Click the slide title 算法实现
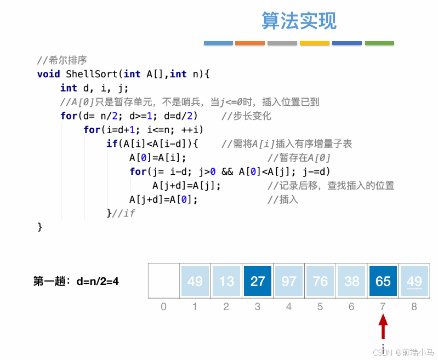click(299, 21)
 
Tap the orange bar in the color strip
click(250, 43)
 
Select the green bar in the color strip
click(379, 43)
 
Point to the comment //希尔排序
click(62, 60)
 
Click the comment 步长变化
click(246, 116)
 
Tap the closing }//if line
click(121, 213)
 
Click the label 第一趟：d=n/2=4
click(76, 282)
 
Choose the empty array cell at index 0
click(164, 281)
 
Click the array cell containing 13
click(226, 281)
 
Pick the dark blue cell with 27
click(258, 281)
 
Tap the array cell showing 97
click(289, 281)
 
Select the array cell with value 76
click(320, 281)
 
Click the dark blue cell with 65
click(383, 281)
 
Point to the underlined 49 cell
click(414, 281)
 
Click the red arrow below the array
click(383, 327)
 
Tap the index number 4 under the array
click(289, 307)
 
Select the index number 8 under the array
click(414, 307)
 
